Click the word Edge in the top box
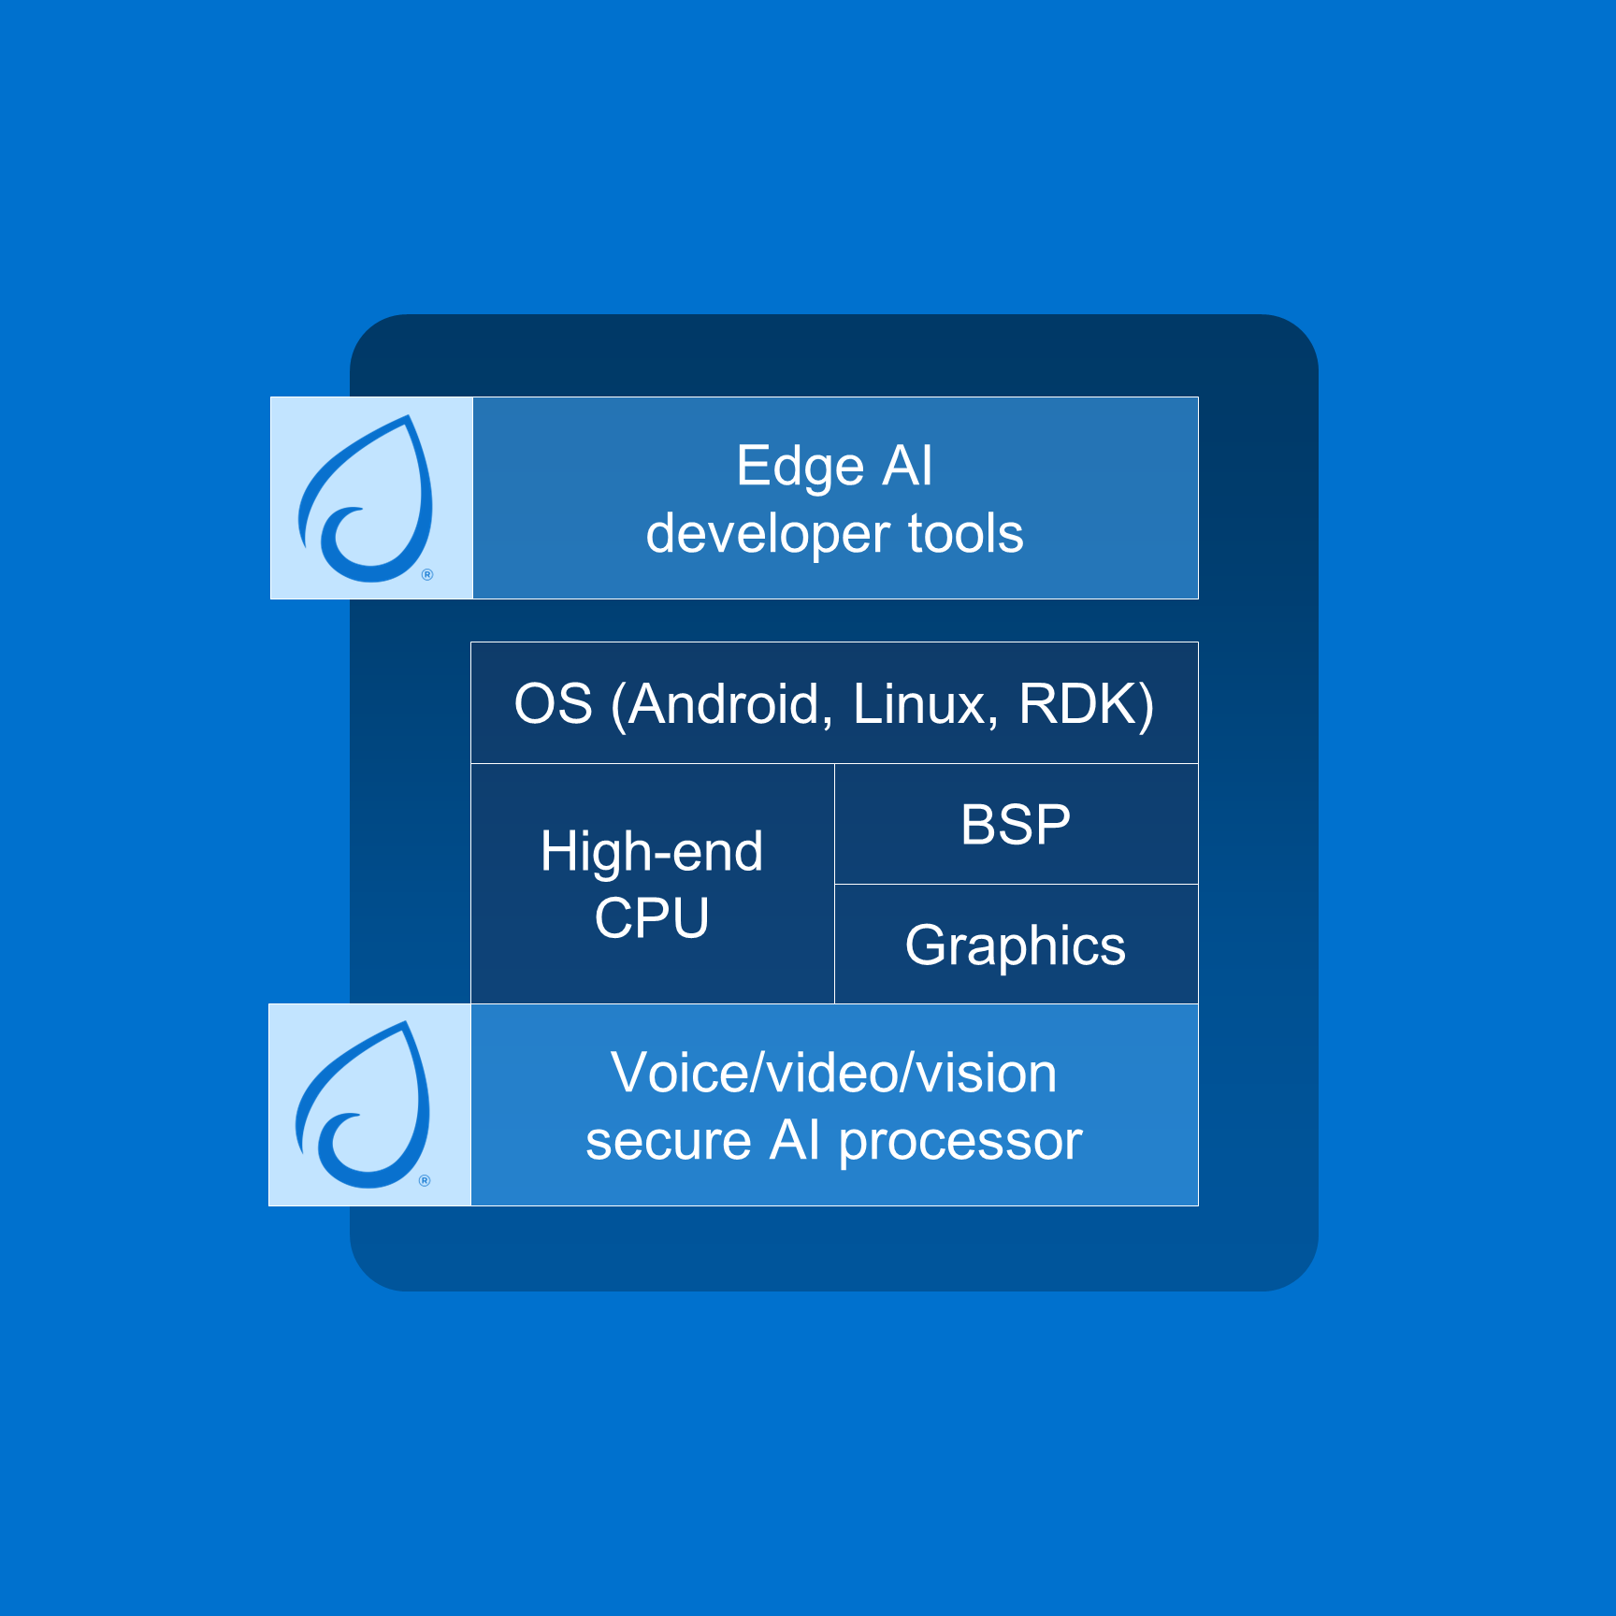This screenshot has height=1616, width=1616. pyautogui.click(x=799, y=467)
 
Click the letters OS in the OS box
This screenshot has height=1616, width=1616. pyautogui.click(x=553, y=704)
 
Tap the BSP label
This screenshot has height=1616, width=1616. pyautogui.click(x=1016, y=825)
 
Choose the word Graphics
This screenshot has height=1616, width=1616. pyautogui.click(x=1016, y=945)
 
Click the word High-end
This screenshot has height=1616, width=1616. pyautogui.click(x=652, y=852)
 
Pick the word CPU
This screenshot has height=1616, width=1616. pyautogui.click(x=652, y=918)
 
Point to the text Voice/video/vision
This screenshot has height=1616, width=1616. pyautogui.click(x=833, y=1073)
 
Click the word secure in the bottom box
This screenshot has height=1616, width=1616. pyautogui.click(x=668, y=1141)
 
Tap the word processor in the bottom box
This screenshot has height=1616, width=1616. pyautogui.click(x=960, y=1143)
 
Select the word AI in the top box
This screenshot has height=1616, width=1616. pyautogui.click(x=907, y=467)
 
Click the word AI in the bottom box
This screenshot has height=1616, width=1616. pyautogui.click(x=795, y=1141)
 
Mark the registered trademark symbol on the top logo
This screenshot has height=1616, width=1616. pyautogui.click(x=427, y=574)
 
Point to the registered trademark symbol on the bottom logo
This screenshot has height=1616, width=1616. pyautogui.click(x=425, y=1180)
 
